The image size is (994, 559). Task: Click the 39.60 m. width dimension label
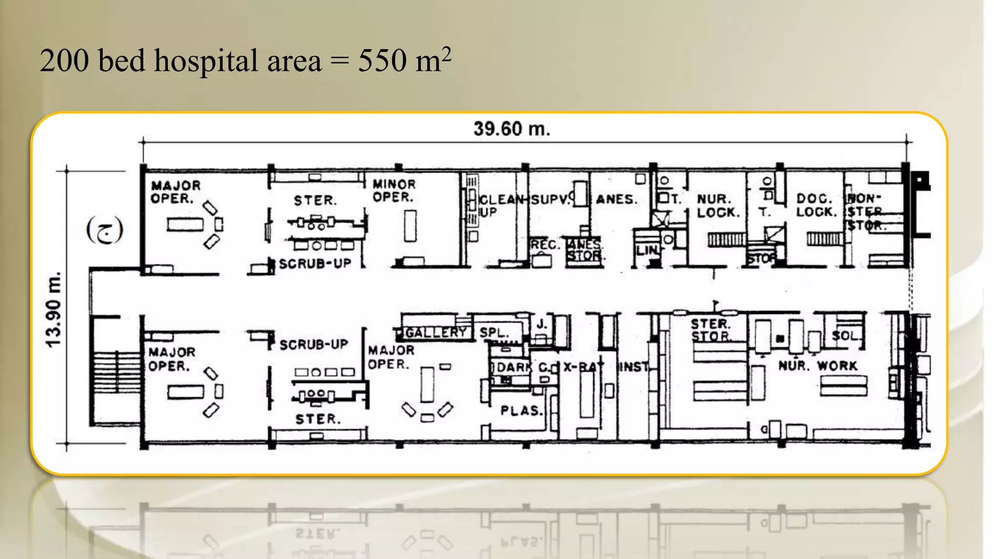click(512, 129)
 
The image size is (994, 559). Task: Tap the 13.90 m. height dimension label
click(53, 310)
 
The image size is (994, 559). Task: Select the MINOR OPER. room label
click(394, 191)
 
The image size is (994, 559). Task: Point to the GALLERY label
click(435, 332)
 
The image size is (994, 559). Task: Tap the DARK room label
click(514, 367)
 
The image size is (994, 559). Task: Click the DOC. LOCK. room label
click(816, 205)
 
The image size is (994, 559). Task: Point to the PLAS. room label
click(521, 411)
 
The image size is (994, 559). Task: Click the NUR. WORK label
click(818, 366)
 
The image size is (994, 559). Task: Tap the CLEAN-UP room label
click(500, 205)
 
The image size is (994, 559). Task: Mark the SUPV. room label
click(549, 199)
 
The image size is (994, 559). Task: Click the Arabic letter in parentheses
click(104, 230)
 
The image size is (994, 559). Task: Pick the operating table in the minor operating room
click(410, 226)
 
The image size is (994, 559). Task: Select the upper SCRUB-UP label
click(315, 263)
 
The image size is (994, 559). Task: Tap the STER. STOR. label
click(710, 330)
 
